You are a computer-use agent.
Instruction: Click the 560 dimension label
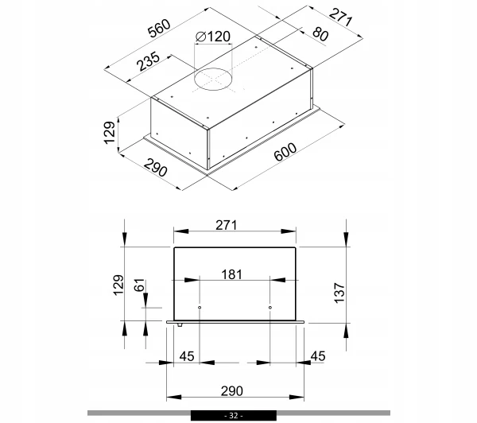click(x=160, y=29)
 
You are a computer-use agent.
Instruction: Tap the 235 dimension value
click(x=148, y=61)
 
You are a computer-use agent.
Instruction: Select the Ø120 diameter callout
click(x=213, y=37)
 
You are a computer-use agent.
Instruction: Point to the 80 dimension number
click(x=320, y=33)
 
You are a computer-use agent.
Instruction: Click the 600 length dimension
click(x=285, y=152)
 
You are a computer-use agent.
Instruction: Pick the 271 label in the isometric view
click(x=340, y=17)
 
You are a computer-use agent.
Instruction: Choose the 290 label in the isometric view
click(x=156, y=168)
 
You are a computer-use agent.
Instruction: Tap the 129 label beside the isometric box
click(x=110, y=133)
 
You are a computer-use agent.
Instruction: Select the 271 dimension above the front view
click(x=226, y=225)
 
